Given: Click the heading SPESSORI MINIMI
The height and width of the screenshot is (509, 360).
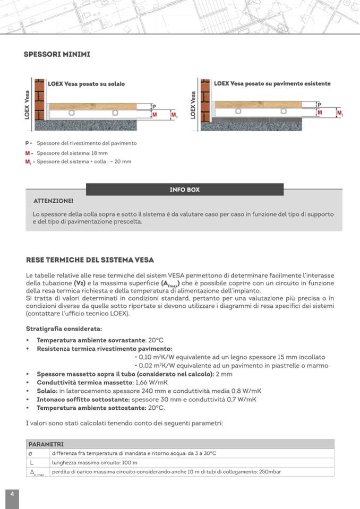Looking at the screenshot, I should click(57, 54).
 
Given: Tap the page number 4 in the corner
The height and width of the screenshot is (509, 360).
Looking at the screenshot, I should click(12, 493).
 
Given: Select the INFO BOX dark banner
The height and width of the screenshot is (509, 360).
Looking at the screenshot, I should click(184, 189).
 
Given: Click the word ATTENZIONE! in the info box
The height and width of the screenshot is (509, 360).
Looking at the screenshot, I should click(53, 202).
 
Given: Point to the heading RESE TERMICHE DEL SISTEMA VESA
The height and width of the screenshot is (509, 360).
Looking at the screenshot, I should click(90, 260).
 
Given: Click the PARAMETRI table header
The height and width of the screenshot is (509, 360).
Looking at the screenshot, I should click(46, 444).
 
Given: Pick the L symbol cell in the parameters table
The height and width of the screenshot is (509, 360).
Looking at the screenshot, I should click(32, 462).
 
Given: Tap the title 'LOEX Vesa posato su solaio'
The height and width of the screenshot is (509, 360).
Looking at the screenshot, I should click(87, 84).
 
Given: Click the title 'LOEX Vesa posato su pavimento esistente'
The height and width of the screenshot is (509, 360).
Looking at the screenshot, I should click(272, 83).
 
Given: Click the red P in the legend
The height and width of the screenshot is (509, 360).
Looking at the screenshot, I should click(27, 143).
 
